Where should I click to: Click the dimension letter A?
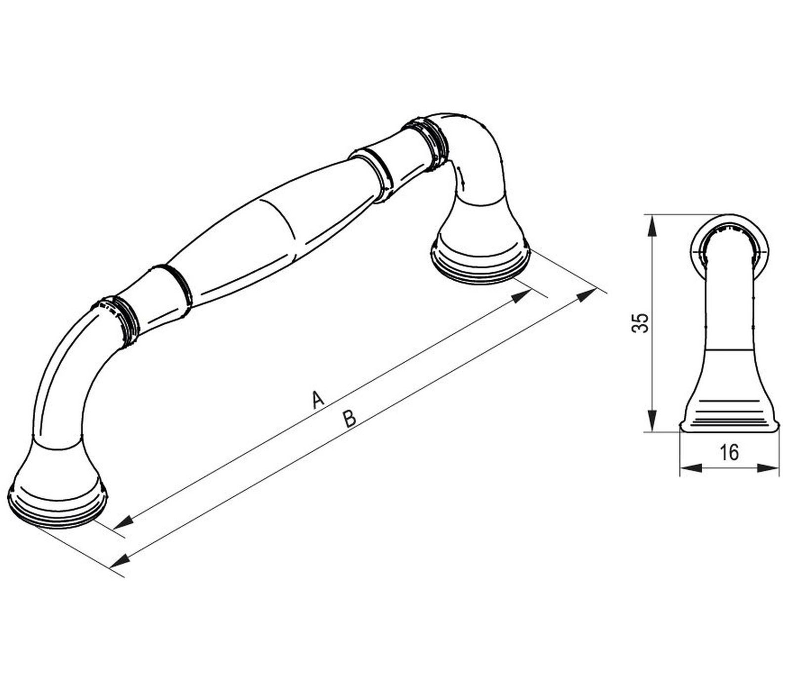point(318,399)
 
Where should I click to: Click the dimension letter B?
point(349,419)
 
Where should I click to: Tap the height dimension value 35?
point(641,323)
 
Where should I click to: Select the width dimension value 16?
point(729,452)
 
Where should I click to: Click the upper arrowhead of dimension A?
point(521,296)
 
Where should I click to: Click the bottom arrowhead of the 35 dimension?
point(653,420)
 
